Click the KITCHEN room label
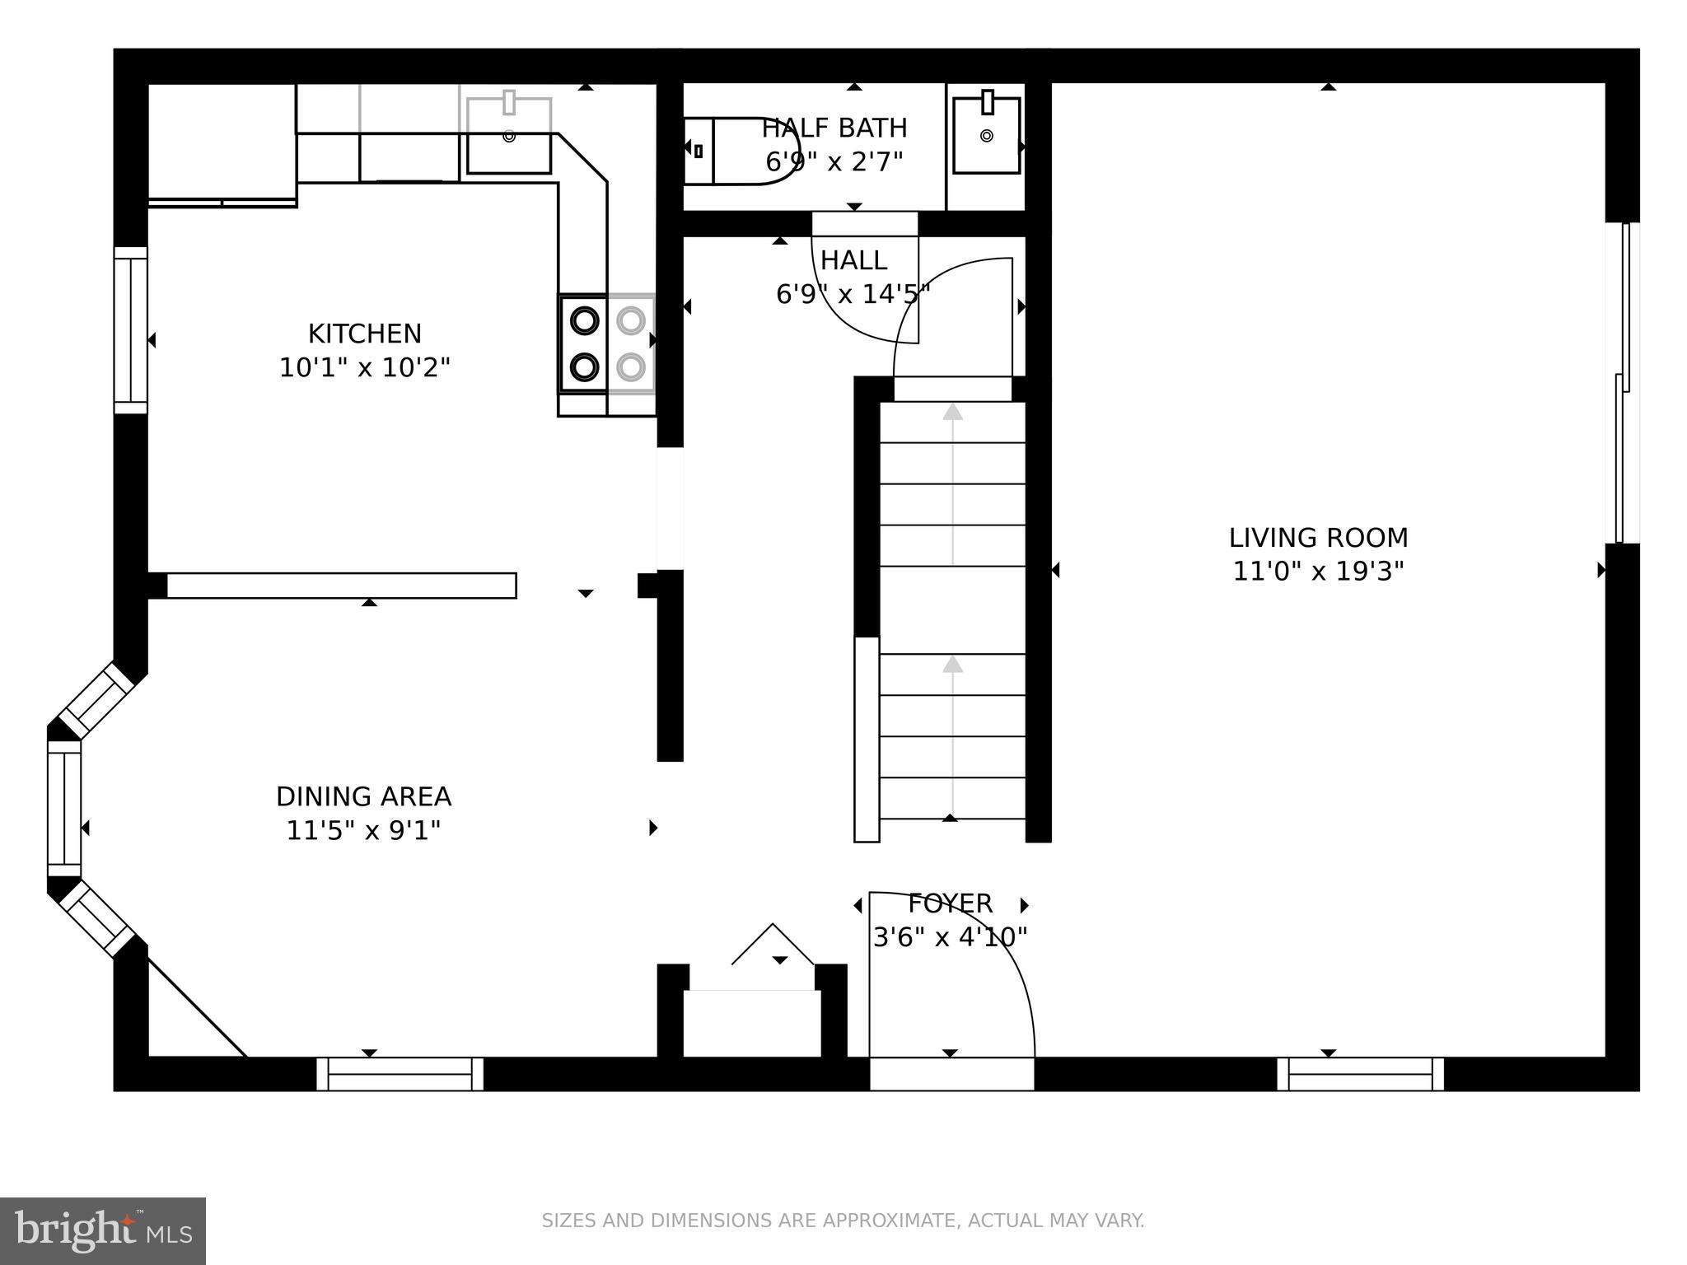coord(364,334)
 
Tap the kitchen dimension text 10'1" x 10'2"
coord(364,367)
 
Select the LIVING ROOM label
coord(1318,538)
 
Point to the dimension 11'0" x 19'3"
coord(1318,571)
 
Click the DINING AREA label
coord(363,796)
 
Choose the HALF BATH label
coord(834,128)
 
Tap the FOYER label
coord(950,903)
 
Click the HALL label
coord(853,260)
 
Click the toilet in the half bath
coord(741,150)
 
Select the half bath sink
coord(986,135)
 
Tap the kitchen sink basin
coord(509,136)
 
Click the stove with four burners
coord(607,343)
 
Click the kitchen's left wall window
coord(130,329)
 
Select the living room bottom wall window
coord(1360,1074)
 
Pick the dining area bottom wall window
coord(400,1074)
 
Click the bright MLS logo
coord(103,1231)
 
